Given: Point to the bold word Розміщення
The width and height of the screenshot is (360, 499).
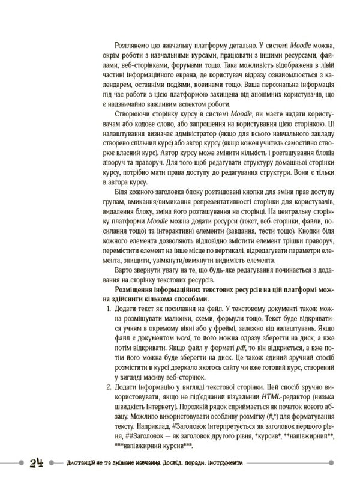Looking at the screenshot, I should point(133,291).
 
